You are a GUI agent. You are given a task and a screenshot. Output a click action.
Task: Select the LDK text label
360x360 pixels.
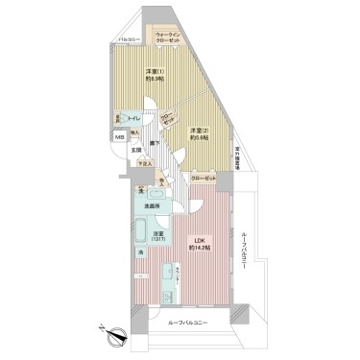tap(196, 239)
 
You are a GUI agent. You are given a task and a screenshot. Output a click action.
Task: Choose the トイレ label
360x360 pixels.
tap(136, 117)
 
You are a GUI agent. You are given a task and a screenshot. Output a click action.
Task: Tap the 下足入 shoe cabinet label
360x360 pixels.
tap(145, 164)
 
